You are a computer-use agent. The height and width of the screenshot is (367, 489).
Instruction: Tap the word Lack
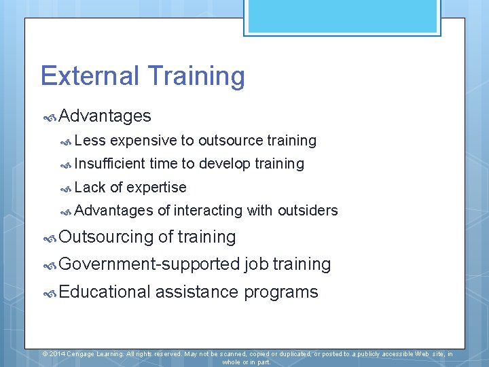pos(90,188)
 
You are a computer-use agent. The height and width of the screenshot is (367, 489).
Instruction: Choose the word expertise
pos(156,188)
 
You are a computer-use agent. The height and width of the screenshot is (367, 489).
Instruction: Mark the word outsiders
pos(308,211)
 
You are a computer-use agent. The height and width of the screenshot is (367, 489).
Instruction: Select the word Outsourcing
pos(106,237)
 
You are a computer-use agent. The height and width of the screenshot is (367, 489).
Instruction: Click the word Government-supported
pos(149,264)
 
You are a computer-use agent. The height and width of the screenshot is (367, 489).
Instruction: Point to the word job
pos(256,264)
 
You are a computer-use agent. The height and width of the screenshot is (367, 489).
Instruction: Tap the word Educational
pos(105,292)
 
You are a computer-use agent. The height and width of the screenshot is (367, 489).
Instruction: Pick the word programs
pos(280,293)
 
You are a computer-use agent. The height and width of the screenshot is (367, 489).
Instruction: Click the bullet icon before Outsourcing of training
pos(50,238)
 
